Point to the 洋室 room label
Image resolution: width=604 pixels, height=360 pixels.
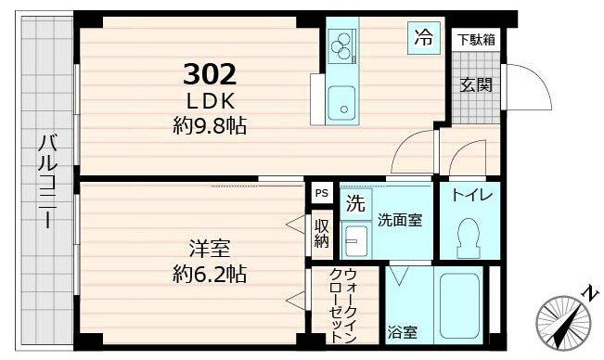click(x=210, y=249)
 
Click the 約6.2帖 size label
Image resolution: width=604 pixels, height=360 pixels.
click(x=210, y=275)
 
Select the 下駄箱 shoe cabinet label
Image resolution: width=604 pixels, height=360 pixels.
click(x=476, y=39)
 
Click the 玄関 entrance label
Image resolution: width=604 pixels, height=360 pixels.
click(x=476, y=83)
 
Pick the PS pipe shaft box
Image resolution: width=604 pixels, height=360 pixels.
click(x=321, y=193)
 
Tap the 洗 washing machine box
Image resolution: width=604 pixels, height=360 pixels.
click(x=355, y=202)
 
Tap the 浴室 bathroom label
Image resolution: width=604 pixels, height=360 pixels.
click(x=402, y=330)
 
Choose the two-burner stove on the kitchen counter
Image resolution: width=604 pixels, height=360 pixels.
click(x=342, y=45)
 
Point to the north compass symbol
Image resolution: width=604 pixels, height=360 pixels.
click(x=564, y=320)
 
